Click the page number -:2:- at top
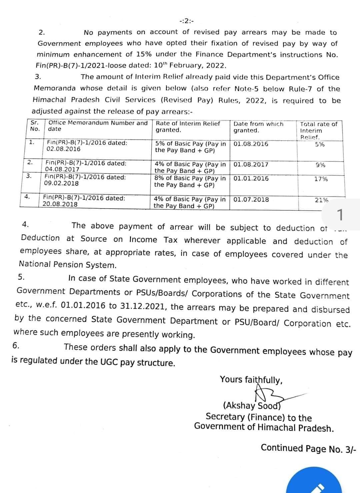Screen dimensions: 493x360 pos(187,21)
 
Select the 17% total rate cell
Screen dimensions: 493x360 pos(321,179)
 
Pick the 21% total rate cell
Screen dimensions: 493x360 pos(321,200)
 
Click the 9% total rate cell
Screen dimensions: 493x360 pos(321,165)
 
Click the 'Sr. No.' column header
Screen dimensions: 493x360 pos(35,126)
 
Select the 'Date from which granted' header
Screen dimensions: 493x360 pos(258,127)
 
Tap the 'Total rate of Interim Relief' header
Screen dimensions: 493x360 pos(318,130)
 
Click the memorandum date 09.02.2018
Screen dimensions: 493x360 pos(61,183)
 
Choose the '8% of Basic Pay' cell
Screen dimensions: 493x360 pos(190,182)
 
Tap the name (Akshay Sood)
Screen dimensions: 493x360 pos(252,406)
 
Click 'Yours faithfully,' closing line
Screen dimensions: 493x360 pos(251,379)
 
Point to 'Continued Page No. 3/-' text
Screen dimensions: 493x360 pos(308,448)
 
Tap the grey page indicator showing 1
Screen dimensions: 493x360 pos(340,215)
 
